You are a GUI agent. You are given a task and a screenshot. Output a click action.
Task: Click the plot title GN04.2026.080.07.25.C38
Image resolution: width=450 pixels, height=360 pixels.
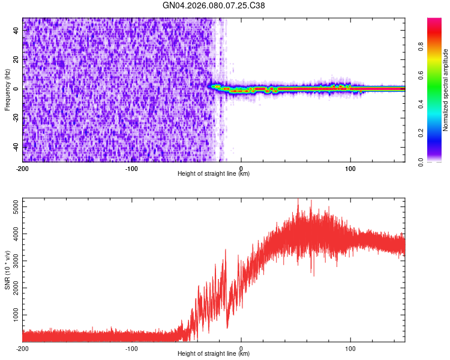pyautogui.click(x=214, y=5)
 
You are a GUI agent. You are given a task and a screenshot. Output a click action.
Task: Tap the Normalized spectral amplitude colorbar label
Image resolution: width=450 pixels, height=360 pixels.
pyautogui.click(x=446, y=90)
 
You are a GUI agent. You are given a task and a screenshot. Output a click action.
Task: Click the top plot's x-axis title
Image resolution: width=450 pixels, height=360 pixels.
pyautogui.click(x=214, y=174)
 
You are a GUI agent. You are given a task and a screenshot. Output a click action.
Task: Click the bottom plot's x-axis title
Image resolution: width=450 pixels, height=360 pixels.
pyautogui.click(x=214, y=354)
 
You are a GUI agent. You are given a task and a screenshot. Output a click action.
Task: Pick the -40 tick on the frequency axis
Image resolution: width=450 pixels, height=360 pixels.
pyautogui.click(x=15, y=147)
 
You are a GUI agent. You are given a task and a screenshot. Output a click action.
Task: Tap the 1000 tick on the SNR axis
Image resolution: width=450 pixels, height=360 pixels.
pyautogui.click(x=13, y=315)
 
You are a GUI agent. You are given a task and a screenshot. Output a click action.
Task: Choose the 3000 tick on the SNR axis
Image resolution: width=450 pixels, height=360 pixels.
pyautogui.click(x=13, y=261)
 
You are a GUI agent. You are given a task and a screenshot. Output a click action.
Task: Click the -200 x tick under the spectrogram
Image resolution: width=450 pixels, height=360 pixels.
pyautogui.click(x=23, y=168)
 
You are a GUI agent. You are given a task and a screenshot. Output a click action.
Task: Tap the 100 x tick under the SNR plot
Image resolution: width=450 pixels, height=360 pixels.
pyautogui.click(x=350, y=348)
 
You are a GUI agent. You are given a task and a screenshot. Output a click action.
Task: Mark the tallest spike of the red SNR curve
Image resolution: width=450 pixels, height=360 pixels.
pyautogui.click(x=298, y=200)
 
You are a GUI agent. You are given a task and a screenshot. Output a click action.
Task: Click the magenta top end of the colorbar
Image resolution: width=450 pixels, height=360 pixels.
pyautogui.click(x=434, y=20)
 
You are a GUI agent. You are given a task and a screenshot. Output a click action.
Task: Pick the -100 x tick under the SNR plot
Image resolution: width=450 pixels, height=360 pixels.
pyautogui.click(x=132, y=348)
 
